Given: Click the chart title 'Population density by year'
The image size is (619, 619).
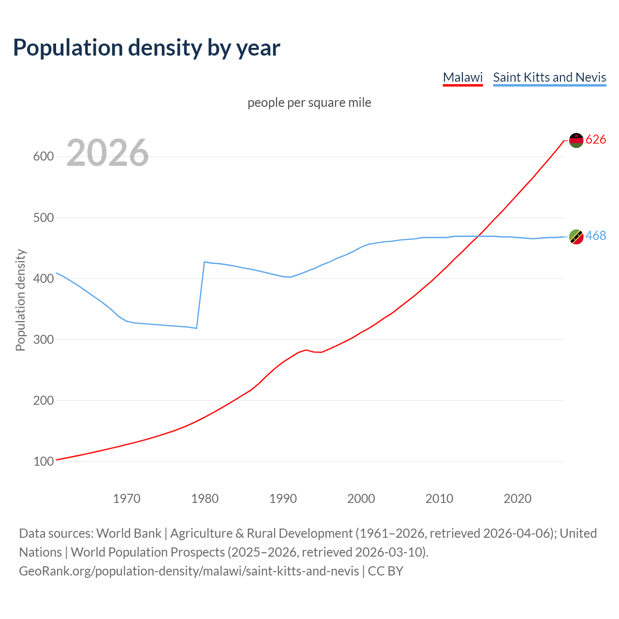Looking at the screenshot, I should coord(147,48).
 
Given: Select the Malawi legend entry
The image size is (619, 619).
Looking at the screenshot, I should coord(463,77).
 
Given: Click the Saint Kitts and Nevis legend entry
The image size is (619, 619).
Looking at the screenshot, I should coord(549,77).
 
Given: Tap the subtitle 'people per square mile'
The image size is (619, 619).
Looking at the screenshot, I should coord(309,103).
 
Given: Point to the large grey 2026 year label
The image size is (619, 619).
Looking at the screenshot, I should coord(107,153).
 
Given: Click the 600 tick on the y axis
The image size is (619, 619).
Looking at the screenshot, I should coord(44,157).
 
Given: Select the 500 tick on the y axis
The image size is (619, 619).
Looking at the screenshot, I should coord(44,218).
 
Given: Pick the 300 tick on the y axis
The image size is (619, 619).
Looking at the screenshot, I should coord(44,339).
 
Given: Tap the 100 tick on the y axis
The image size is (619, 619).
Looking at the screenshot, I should coord(44,462).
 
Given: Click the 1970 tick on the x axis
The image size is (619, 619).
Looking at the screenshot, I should coord(127,499).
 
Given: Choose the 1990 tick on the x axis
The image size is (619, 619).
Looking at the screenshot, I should coord(283,499).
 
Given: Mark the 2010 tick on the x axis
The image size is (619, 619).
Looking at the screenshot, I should coord(439,499).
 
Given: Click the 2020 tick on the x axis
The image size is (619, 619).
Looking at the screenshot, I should coord(517,499).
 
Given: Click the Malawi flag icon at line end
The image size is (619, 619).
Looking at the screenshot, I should coord(576,140).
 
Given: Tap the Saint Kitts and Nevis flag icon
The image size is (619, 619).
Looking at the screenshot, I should coord(576,236).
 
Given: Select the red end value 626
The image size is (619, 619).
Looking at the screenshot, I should coord(596,140).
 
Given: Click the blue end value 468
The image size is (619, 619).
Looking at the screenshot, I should coord(596,236).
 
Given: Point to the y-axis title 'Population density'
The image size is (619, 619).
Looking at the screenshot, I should coord(20,300).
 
